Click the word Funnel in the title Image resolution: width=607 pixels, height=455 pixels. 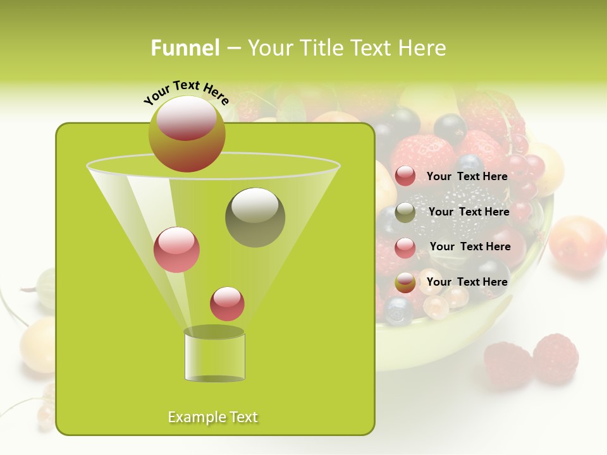point(185,47)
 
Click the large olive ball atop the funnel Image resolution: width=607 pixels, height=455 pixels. point(187,134)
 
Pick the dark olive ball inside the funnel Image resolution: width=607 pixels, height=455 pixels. point(255,217)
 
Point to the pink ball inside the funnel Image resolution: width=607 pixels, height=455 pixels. point(176,250)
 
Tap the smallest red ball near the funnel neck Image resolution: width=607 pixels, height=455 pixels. point(227,303)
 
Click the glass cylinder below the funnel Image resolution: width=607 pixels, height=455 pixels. point(214,355)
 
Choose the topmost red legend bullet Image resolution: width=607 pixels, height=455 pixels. point(405,176)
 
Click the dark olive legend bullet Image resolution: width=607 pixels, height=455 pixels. point(405,212)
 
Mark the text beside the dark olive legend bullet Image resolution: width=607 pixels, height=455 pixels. point(469,212)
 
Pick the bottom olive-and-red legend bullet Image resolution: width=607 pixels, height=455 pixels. point(405,282)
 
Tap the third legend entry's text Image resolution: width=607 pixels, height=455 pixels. point(470,246)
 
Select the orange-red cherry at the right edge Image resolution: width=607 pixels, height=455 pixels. point(577,243)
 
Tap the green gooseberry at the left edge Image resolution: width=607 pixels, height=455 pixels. point(46,289)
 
